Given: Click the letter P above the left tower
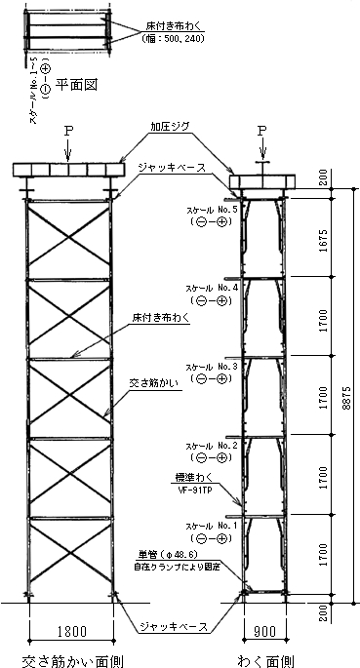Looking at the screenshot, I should pos(67,129).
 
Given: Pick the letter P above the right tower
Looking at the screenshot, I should pos(263,129).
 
